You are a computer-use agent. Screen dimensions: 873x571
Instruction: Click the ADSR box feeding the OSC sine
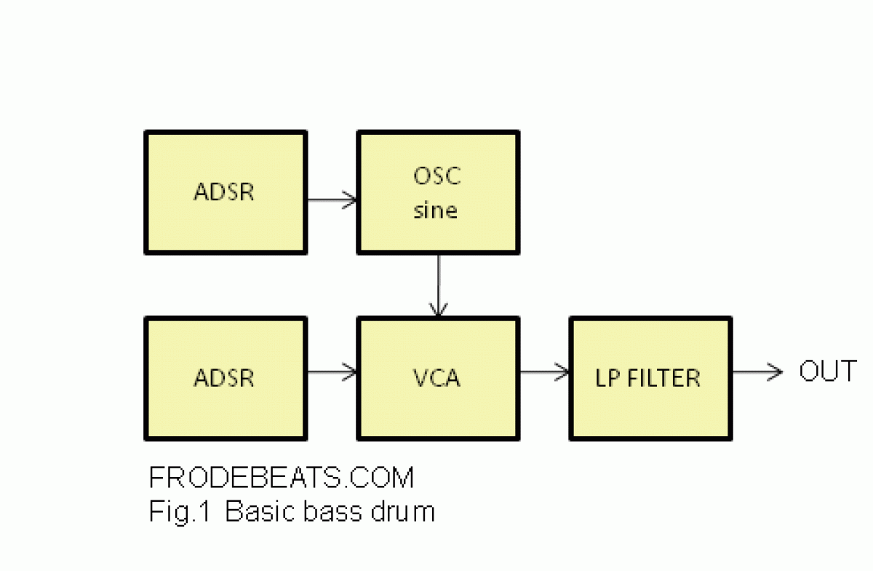[x=226, y=192]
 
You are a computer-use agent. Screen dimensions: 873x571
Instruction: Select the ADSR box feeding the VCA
[x=226, y=379]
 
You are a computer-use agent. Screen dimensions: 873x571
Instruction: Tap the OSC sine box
[x=438, y=192]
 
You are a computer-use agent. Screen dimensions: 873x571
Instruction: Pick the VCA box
[x=438, y=379]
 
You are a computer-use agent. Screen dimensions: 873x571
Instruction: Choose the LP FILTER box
[x=650, y=379]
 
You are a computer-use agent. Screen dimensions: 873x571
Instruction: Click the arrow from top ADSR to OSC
[x=332, y=200]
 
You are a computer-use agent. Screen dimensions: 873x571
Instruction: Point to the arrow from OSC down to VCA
[x=439, y=285]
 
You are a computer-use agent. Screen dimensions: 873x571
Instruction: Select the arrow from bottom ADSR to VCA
[x=332, y=372]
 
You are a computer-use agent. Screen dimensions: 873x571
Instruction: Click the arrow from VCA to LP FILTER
[x=544, y=372]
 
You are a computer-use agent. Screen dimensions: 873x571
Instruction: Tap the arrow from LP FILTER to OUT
[x=757, y=372]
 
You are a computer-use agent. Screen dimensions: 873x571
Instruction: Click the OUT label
[x=828, y=371]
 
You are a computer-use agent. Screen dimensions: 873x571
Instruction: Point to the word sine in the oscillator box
[x=435, y=210]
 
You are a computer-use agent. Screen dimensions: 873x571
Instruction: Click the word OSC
[x=437, y=176]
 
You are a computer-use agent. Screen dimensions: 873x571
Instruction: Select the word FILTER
[x=663, y=378]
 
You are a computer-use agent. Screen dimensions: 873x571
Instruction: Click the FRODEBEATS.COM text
[x=282, y=477]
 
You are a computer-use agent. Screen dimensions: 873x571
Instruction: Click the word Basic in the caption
[x=260, y=511]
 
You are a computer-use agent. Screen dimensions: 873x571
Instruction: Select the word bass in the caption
[x=332, y=511]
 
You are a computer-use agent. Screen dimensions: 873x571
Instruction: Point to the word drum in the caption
[x=402, y=511]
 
